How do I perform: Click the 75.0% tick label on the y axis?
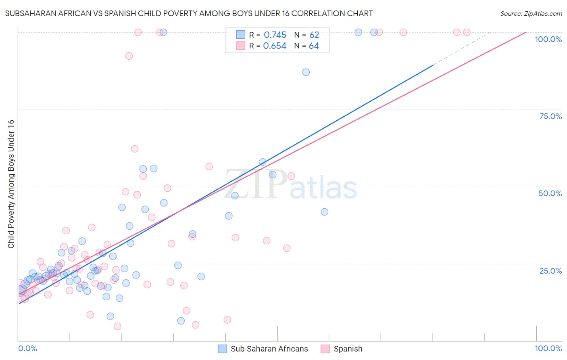pyautogui.click(x=550, y=116)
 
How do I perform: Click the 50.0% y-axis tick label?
pyautogui.click(x=550, y=193)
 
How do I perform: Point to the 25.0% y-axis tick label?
pyautogui.click(x=550, y=271)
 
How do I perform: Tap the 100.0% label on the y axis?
pyautogui.click(x=548, y=39)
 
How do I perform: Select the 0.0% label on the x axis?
pyautogui.click(x=27, y=348)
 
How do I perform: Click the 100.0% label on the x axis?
pyautogui.click(x=548, y=348)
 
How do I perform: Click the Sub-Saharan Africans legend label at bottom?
pyautogui.click(x=269, y=349)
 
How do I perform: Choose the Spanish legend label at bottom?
pyautogui.click(x=348, y=349)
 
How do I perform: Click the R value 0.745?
pyautogui.click(x=275, y=35)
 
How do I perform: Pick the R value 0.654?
pyautogui.click(x=275, y=46)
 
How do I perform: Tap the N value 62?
pyautogui.click(x=314, y=35)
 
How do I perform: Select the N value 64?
pyautogui.click(x=314, y=46)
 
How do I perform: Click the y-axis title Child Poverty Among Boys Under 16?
pyautogui.click(x=11, y=184)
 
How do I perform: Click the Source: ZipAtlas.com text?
pyautogui.click(x=531, y=14)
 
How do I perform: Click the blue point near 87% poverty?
pyautogui.click(x=306, y=72)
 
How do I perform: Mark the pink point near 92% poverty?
pyautogui.click(x=129, y=56)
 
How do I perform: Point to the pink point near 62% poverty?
pyautogui.click(x=135, y=149)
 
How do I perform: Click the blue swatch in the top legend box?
pyautogui.click(x=240, y=35)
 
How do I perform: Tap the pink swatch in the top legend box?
pyautogui.click(x=240, y=46)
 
